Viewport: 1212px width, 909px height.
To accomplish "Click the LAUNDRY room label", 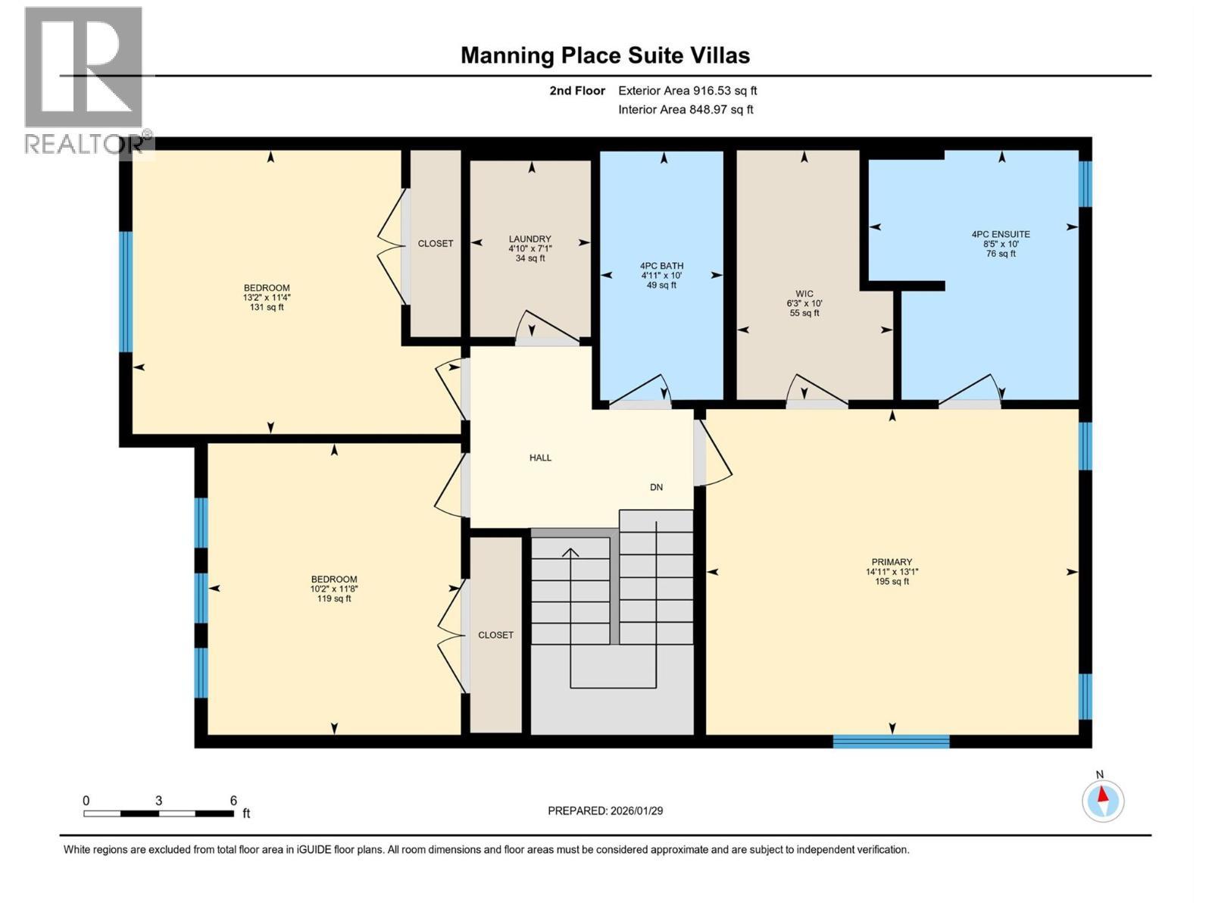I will pyautogui.click(x=529, y=239).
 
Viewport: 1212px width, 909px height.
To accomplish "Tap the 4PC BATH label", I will pyautogui.click(x=661, y=266).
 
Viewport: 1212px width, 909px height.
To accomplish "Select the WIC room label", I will pyautogui.click(x=804, y=294).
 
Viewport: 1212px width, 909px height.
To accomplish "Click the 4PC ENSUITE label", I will pyautogui.click(x=1000, y=234).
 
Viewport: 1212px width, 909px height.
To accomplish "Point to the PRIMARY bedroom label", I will pyautogui.click(x=891, y=562).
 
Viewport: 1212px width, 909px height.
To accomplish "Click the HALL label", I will pyautogui.click(x=540, y=458).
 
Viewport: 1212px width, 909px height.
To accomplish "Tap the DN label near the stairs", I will pyautogui.click(x=656, y=487).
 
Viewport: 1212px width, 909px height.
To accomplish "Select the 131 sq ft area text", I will pyautogui.click(x=266, y=307).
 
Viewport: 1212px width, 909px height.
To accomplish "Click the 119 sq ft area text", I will pyautogui.click(x=333, y=598).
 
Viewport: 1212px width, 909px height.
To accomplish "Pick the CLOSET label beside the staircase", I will pyautogui.click(x=495, y=635).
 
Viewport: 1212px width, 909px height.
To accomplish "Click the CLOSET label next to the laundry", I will pyautogui.click(x=436, y=243).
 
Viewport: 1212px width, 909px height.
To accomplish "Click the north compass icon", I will pyautogui.click(x=1103, y=800).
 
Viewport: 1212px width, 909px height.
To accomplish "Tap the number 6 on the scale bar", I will pyautogui.click(x=233, y=801).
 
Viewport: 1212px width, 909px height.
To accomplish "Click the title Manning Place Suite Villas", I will pyautogui.click(x=605, y=55).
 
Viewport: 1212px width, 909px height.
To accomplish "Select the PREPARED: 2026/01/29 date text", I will pyautogui.click(x=605, y=811).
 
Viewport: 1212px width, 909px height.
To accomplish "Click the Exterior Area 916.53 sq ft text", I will pyautogui.click(x=687, y=90).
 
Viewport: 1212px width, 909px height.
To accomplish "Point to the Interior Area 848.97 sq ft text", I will pyautogui.click(x=686, y=109).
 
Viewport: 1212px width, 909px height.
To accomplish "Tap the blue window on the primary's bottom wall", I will pyautogui.click(x=891, y=741).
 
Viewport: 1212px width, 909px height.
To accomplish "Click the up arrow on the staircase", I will pyautogui.click(x=570, y=552).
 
